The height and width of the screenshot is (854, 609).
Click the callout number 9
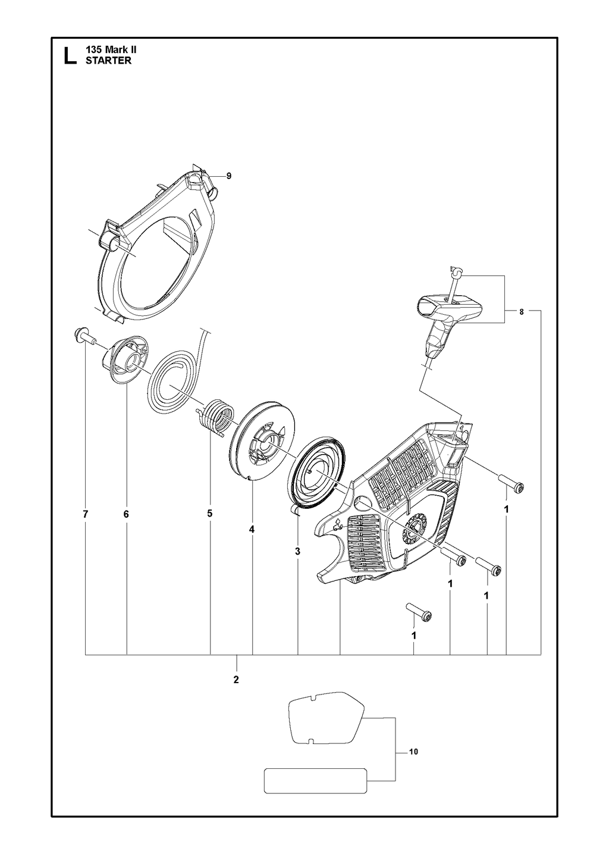coord(228,176)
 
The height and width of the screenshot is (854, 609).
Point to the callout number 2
coord(236,680)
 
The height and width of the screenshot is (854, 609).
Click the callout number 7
coord(86,514)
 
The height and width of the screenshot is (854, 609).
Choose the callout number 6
coord(126,514)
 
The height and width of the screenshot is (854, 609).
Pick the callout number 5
coord(210,514)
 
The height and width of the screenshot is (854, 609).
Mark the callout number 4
coord(252,530)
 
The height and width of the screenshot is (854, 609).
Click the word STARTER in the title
coord(109,61)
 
